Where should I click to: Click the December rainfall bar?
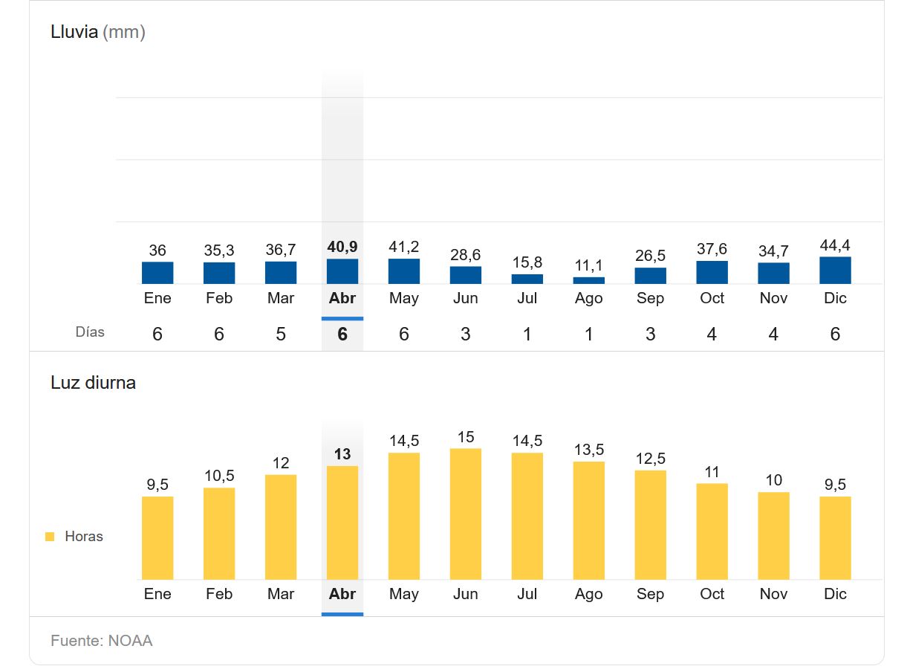[x=835, y=271]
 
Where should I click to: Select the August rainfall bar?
[x=588, y=280]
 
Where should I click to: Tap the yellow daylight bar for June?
[x=465, y=514]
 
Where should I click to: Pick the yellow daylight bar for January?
[x=157, y=537]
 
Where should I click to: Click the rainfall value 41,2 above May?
[x=403, y=247]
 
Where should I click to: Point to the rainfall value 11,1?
[x=588, y=265]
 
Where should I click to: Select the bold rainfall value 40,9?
[x=342, y=247]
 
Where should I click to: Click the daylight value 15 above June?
[x=465, y=437]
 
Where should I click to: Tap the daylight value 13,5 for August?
[x=588, y=450]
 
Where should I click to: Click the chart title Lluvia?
[x=74, y=32]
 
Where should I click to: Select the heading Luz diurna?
[x=93, y=383]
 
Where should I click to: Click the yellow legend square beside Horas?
[x=50, y=537]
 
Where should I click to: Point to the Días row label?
[x=90, y=332]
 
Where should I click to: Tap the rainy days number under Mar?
[x=281, y=334]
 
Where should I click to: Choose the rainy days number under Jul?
[x=527, y=334]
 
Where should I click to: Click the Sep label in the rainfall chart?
[x=650, y=298]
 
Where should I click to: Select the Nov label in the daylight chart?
[x=773, y=594]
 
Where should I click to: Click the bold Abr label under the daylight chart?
[x=342, y=594]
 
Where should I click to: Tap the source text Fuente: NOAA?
[x=102, y=641]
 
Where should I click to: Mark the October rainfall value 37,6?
[x=712, y=249]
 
